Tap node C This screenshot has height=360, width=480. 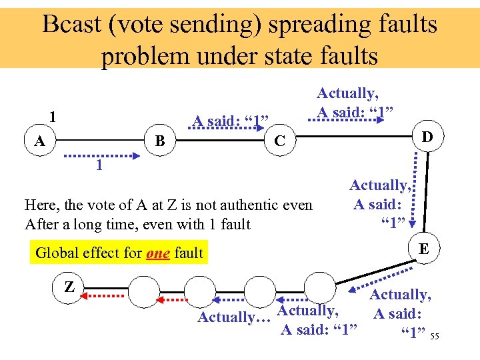pos(281,141)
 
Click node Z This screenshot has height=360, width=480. pos(69,287)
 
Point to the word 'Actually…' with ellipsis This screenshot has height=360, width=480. pos(233,317)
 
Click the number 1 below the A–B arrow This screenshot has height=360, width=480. pos(99,165)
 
